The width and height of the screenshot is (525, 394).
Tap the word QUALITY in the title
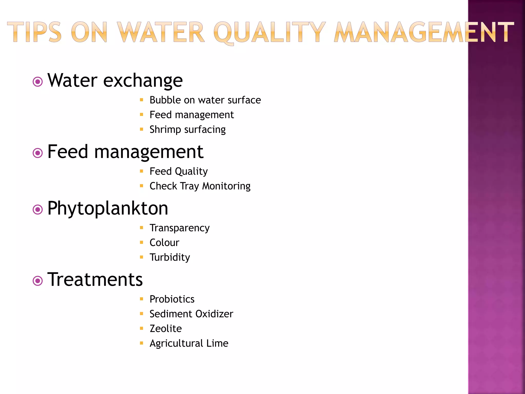pyautogui.click(x=270, y=33)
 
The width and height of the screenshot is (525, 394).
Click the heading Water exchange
pyautogui.click(x=115, y=81)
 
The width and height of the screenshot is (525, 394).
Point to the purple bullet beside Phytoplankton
pyautogui.click(x=38, y=210)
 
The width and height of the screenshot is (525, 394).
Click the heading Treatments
pyautogui.click(x=95, y=279)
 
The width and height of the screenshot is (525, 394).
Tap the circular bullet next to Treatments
pyautogui.click(x=38, y=281)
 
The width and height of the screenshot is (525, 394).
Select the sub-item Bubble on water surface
pyautogui.click(x=205, y=100)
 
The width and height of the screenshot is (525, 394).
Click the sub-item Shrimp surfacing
pyautogui.click(x=187, y=130)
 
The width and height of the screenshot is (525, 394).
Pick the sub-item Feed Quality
pyautogui.click(x=178, y=171)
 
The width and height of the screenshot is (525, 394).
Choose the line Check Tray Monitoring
pyautogui.click(x=200, y=186)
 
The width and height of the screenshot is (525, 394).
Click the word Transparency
pyautogui.click(x=179, y=228)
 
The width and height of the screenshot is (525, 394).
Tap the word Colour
pyautogui.click(x=164, y=243)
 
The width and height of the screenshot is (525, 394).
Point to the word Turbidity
pyautogui.click(x=170, y=257)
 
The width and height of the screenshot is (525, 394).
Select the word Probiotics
pyautogui.click(x=172, y=299)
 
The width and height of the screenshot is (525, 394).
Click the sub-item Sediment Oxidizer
pyautogui.click(x=191, y=314)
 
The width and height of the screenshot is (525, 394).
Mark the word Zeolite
pyautogui.click(x=166, y=329)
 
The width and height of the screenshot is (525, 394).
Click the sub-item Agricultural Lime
pyautogui.click(x=189, y=343)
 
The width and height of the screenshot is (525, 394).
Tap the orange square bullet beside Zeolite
pyautogui.click(x=142, y=328)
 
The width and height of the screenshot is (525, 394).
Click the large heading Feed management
pyautogui.click(x=125, y=152)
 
